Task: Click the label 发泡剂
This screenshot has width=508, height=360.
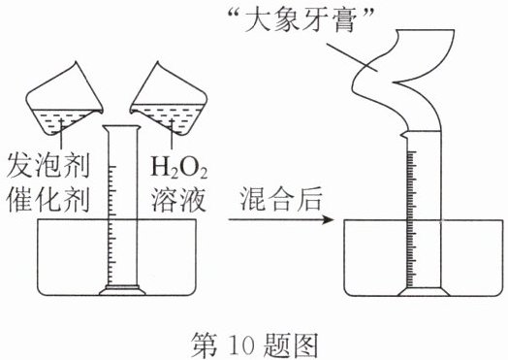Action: [x=48, y=165]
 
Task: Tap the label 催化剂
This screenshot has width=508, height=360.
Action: [x=48, y=200]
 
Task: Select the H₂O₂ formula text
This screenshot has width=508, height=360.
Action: [x=178, y=168]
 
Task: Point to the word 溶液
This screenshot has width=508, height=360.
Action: [x=178, y=200]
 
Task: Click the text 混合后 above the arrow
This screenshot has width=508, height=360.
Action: [x=281, y=199]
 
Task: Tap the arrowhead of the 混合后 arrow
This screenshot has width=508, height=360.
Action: [x=328, y=220]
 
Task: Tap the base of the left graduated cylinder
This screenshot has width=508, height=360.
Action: [x=122, y=290]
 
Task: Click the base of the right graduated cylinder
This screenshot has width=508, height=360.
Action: [x=424, y=292]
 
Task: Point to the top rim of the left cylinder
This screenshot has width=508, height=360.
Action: [x=122, y=127]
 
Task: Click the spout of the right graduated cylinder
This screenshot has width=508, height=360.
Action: [x=404, y=134]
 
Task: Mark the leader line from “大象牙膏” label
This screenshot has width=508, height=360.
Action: [x=352, y=57]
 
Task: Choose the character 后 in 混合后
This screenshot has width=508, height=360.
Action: [x=309, y=199]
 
